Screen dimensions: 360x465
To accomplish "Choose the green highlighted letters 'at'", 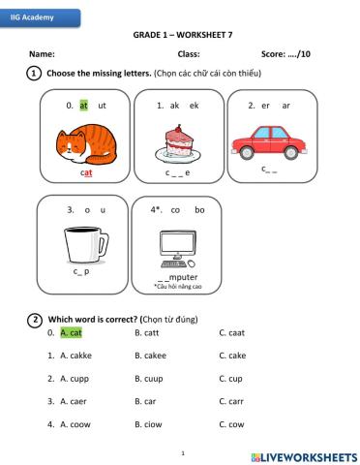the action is click(x=84, y=105).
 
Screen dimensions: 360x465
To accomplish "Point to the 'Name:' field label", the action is click(x=42, y=54).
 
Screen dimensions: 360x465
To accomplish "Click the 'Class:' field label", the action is click(x=188, y=54).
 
